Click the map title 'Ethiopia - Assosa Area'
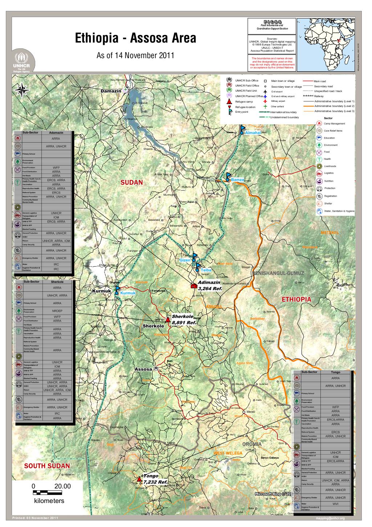pyautogui.click(x=135, y=38)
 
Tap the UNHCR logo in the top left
pyautogui.click(x=24, y=62)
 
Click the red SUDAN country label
pyautogui.click(x=132, y=182)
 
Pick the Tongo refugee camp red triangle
pyautogui.click(x=138, y=480)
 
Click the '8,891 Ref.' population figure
pyautogui.click(x=184, y=323)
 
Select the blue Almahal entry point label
pyautogui.click(x=253, y=133)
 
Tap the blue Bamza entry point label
pyautogui.click(x=237, y=180)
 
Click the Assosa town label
pyautogui.click(x=143, y=369)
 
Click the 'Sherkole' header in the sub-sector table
pyautogui.click(x=57, y=282)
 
